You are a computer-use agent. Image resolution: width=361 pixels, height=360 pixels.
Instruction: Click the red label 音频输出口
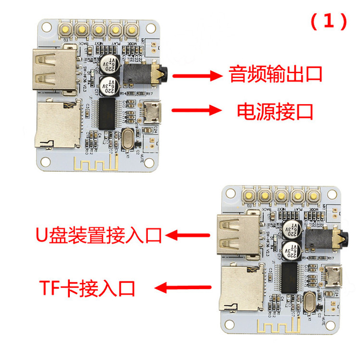[x=275, y=75]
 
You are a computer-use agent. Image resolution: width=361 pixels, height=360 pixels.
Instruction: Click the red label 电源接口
[x=275, y=111]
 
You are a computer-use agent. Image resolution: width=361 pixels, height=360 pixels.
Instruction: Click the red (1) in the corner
[x=329, y=22]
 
